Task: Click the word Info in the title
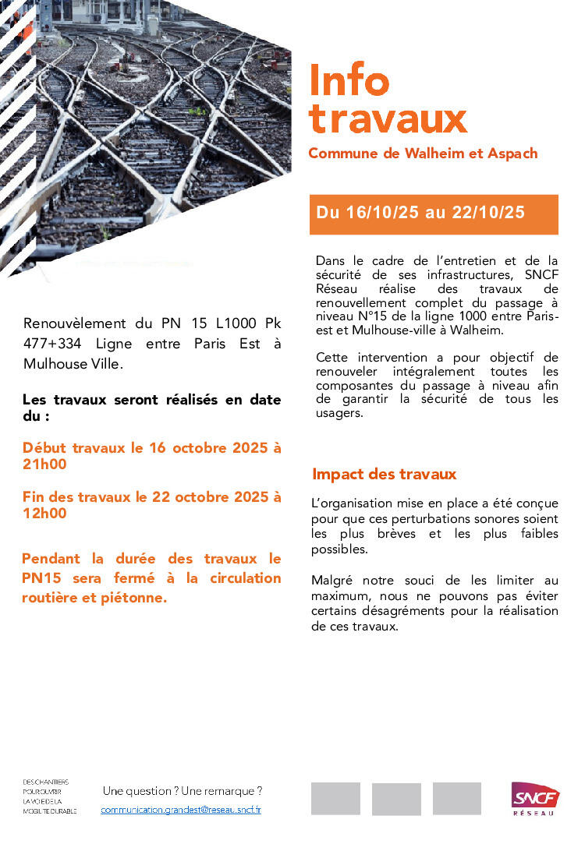pos(349,80)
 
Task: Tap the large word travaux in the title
pos(388,118)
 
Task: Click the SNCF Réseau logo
pos(536,798)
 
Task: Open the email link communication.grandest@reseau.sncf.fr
pos(181,810)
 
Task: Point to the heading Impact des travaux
pos(384,474)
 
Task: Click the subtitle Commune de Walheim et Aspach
pos(423,153)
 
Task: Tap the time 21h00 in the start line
pos(44,465)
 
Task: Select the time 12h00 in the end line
pos(44,514)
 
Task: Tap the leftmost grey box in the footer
pos(335,799)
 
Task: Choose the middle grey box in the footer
pos(396,799)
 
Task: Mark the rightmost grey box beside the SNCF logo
pos(457,799)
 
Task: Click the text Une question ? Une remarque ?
pos(183,790)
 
